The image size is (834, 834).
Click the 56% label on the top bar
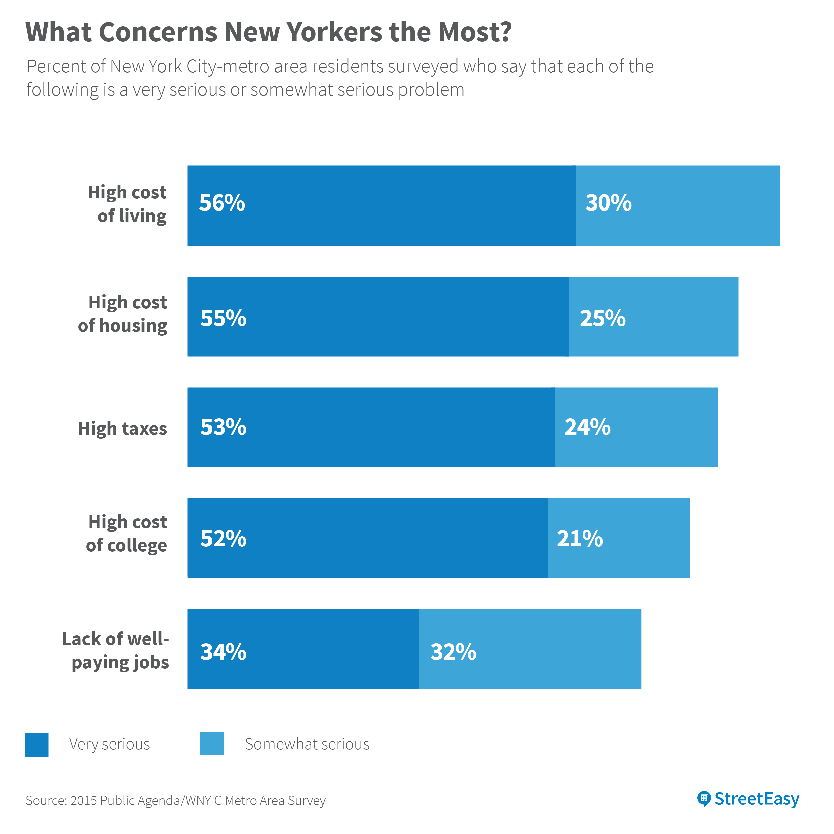pyautogui.click(x=222, y=203)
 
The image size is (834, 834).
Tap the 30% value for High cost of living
pyautogui.click(x=608, y=203)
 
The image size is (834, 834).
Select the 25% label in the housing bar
pyautogui.click(x=602, y=318)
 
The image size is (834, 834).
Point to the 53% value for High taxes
pyautogui.click(x=223, y=427)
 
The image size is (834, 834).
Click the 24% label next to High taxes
pyautogui.click(x=587, y=427)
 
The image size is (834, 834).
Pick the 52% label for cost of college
pyautogui.click(x=223, y=539)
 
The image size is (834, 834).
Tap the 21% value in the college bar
pyautogui.click(x=580, y=539)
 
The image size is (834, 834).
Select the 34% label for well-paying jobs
pyautogui.click(x=223, y=652)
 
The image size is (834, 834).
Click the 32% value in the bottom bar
pyautogui.click(x=453, y=652)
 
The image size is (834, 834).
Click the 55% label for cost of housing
pyautogui.click(x=223, y=318)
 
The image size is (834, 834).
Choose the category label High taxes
pyautogui.click(x=122, y=429)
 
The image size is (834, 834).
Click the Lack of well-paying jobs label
pyautogui.click(x=116, y=651)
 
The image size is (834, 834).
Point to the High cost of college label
pyautogui.click(x=126, y=533)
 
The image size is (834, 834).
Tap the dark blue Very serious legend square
pyautogui.click(x=37, y=745)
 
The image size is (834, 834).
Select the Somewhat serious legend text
pyautogui.click(x=307, y=744)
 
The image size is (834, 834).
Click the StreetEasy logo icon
pyautogui.click(x=704, y=799)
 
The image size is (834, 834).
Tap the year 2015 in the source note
pyautogui.click(x=84, y=801)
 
